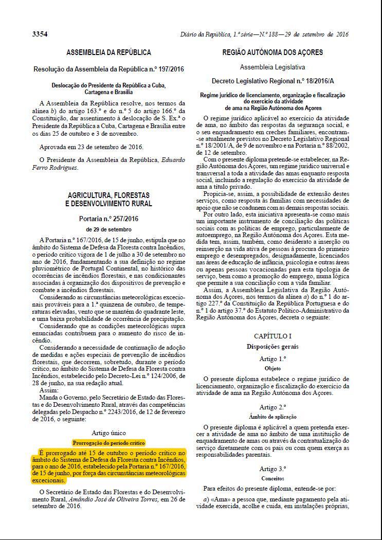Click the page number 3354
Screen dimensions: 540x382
tap(40, 34)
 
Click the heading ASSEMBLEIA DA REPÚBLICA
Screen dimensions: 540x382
tap(108, 52)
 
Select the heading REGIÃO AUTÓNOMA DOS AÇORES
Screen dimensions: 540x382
tap(272, 52)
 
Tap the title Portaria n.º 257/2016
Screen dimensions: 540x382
tap(108, 219)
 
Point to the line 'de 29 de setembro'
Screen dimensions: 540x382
tap(108, 229)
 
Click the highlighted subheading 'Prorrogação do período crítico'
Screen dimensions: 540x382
tap(108, 442)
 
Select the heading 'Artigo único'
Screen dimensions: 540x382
tap(108, 433)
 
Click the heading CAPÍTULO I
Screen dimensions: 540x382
tap(272, 336)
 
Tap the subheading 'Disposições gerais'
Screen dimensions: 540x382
tap(272, 347)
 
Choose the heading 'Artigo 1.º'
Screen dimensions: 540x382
tap(272, 358)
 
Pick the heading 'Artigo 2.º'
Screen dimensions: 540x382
tap(272, 407)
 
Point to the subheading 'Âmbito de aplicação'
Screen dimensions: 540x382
tap(272, 417)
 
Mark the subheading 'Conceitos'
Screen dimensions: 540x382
tap(272, 478)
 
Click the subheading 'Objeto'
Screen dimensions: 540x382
tap(272, 368)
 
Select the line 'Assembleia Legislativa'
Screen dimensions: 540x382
tap(272, 67)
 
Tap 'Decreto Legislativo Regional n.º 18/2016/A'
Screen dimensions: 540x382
tap(272, 81)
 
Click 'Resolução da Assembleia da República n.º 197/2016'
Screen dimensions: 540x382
tap(108, 69)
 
